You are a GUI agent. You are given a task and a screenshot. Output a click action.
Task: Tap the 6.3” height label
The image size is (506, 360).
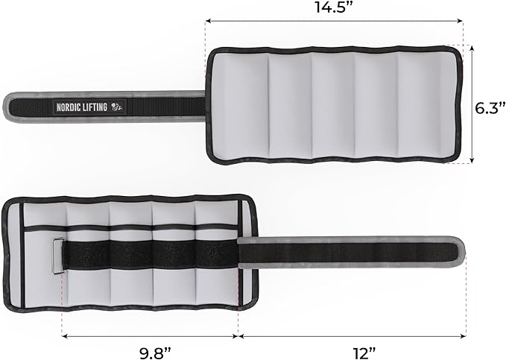pyautogui.click(x=489, y=108)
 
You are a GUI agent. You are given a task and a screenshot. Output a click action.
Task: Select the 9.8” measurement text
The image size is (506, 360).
pyautogui.click(x=154, y=353)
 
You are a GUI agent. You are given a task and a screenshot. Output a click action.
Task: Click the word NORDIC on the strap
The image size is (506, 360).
pyautogui.click(x=67, y=107)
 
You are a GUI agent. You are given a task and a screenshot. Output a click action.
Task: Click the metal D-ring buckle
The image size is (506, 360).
pyautogui.click(x=57, y=256)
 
